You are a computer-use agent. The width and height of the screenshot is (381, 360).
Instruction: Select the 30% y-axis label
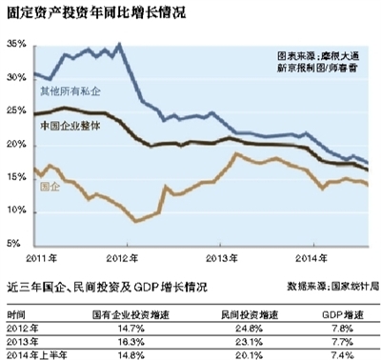click(15, 79)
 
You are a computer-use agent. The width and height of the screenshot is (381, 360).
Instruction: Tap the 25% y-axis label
click(15, 112)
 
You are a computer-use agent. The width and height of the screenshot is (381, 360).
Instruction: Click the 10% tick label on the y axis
click(15, 211)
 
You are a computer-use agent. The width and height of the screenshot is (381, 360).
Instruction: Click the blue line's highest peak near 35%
click(118, 44)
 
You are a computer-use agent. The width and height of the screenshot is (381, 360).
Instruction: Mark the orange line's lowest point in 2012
click(137, 221)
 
